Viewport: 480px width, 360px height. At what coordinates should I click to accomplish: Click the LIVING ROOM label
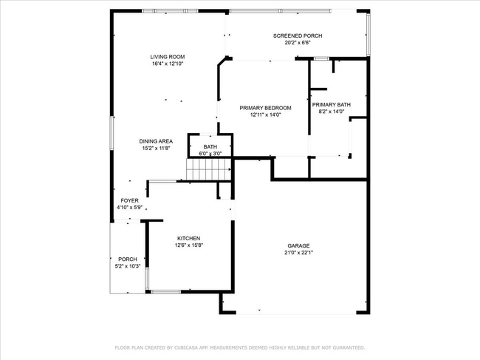click(x=167, y=57)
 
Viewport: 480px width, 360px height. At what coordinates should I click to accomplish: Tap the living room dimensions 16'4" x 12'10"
click(x=167, y=64)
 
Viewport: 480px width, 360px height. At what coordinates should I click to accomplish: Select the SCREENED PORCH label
click(x=297, y=35)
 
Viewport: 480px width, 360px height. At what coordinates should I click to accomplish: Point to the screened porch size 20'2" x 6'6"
click(x=297, y=43)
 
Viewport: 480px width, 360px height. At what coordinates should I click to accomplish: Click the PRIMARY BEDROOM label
click(x=265, y=108)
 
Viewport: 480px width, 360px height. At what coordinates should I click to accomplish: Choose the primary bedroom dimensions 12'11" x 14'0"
click(x=265, y=115)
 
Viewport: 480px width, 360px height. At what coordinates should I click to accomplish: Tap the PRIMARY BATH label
click(x=335, y=105)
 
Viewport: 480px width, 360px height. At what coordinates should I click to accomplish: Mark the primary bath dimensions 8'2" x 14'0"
click(x=335, y=112)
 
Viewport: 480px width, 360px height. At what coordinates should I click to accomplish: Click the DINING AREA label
click(x=156, y=140)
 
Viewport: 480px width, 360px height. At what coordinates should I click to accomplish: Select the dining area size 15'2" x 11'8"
click(x=156, y=148)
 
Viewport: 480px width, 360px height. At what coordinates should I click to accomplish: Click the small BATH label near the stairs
click(x=210, y=147)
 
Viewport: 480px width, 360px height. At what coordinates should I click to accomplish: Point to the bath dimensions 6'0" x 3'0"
click(x=210, y=154)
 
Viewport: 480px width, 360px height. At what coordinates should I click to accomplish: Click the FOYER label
click(x=130, y=200)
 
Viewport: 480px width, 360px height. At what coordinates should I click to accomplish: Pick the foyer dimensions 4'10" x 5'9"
click(x=130, y=208)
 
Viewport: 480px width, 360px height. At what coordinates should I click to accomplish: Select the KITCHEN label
click(x=188, y=238)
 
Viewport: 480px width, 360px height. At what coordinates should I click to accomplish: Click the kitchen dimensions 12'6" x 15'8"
click(x=188, y=245)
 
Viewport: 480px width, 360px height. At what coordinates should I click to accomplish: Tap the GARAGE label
click(x=298, y=245)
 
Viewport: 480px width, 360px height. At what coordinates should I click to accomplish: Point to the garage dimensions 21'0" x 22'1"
click(x=298, y=253)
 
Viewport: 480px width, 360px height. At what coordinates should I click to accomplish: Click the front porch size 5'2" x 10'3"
click(x=128, y=266)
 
